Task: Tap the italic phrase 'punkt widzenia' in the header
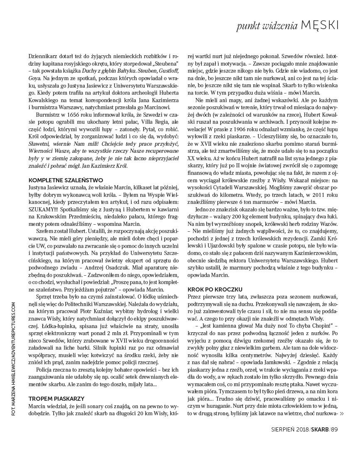click(x=267, y=26)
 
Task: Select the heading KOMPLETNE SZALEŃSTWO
click(x=66, y=180)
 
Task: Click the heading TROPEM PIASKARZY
click(x=56, y=398)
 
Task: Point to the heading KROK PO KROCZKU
click(x=215, y=289)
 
